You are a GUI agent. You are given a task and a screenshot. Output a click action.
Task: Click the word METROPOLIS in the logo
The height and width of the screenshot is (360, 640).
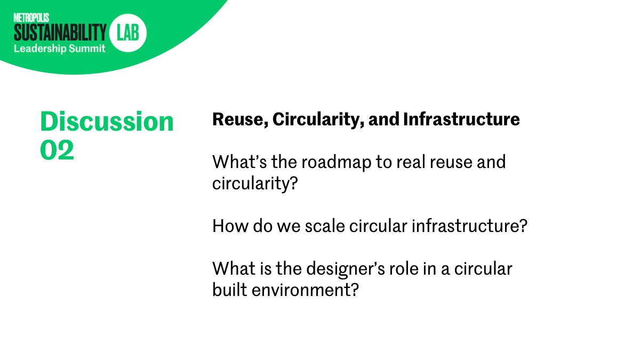pyautogui.click(x=31, y=18)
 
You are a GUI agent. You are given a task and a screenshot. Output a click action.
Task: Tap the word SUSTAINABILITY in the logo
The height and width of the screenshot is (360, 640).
pyautogui.click(x=60, y=33)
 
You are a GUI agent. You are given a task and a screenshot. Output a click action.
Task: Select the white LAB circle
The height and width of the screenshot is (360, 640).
pyautogui.click(x=127, y=33)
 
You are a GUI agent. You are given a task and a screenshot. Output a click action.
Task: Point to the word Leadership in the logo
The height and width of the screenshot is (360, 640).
pyautogui.click(x=40, y=49)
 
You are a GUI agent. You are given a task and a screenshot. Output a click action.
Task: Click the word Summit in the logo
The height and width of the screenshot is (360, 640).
pyautogui.click(x=87, y=49)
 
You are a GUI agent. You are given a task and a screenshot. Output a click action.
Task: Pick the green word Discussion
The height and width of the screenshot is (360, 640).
pyautogui.click(x=107, y=122)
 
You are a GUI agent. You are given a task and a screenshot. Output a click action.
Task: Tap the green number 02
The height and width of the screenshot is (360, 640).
pyautogui.click(x=57, y=150)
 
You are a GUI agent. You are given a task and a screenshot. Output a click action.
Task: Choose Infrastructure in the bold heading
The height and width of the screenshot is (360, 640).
pyautogui.click(x=461, y=119)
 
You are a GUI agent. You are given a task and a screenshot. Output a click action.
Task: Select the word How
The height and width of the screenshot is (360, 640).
pyautogui.click(x=230, y=226)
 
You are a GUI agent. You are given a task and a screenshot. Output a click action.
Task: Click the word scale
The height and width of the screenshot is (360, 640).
pyautogui.click(x=325, y=226)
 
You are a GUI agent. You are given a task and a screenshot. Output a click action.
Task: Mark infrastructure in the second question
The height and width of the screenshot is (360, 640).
pyautogui.click(x=469, y=226)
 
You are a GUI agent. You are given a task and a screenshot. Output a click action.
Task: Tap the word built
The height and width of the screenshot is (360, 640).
pyautogui.click(x=229, y=290)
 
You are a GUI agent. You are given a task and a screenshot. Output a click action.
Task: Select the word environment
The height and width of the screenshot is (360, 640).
pyautogui.click(x=305, y=290)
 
